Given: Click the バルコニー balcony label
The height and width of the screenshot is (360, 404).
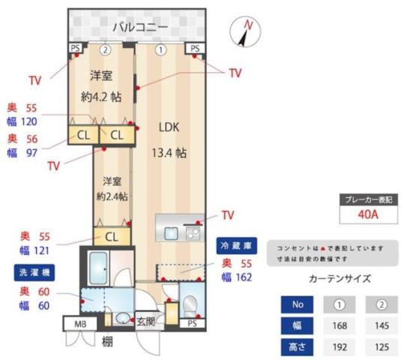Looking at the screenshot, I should (139, 28).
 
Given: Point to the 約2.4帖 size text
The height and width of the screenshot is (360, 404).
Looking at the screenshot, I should (112, 196).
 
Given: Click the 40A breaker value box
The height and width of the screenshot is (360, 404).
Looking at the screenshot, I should (367, 215).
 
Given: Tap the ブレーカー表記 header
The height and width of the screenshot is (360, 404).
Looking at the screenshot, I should (367, 199).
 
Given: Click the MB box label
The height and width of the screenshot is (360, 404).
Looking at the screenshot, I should (80, 325).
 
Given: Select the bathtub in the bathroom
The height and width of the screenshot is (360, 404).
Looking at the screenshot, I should (99, 267).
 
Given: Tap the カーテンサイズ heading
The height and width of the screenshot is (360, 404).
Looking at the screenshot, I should (339, 278).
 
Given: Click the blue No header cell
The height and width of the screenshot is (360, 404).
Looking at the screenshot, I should (296, 304).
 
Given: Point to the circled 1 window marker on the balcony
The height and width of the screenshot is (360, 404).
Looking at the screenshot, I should (160, 50).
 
